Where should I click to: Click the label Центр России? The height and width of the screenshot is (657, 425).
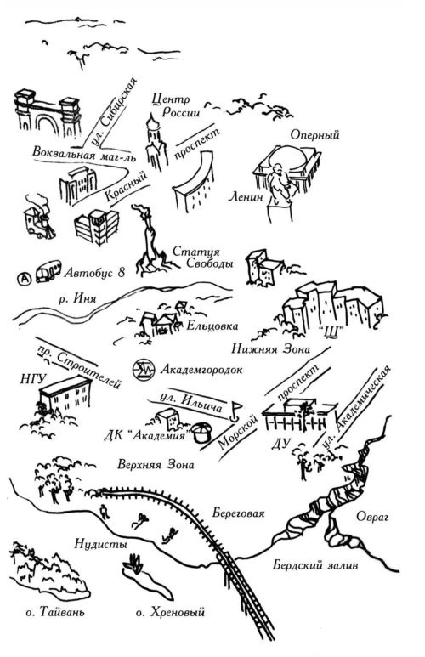[x=175, y=106]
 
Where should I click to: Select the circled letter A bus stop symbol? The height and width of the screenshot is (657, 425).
[x=25, y=277]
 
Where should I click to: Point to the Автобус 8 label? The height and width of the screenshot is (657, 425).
[x=94, y=273]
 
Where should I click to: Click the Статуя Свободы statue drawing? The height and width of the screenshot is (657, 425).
[x=150, y=240]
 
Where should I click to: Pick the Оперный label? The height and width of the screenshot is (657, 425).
[x=314, y=135]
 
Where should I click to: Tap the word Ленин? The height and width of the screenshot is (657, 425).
[x=246, y=196]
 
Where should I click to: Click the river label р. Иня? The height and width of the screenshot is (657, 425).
[x=77, y=299]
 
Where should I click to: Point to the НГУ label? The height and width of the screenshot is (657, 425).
[x=32, y=379]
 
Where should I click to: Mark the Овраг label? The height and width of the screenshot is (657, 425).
[x=372, y=517]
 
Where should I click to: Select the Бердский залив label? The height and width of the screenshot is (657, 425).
[x=315, y=565]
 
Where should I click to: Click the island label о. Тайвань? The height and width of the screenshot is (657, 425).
[x=55, y=612]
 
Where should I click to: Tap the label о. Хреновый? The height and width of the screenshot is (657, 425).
[x=170, y=612]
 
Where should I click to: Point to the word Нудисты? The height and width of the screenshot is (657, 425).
[x=100, y=544]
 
